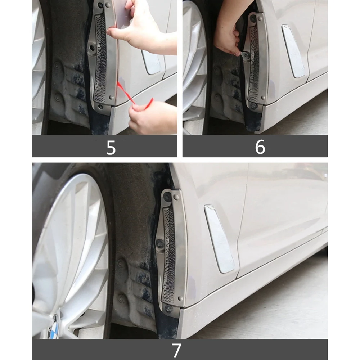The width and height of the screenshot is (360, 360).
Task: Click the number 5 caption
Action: coord(111,147)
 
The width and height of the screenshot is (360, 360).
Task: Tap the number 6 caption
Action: coord(260,147)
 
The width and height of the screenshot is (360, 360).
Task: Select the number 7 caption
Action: coord(176,350)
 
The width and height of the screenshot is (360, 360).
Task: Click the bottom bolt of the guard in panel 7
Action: coord(168,309)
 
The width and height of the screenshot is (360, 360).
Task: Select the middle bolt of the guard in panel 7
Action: coord(159,243)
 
